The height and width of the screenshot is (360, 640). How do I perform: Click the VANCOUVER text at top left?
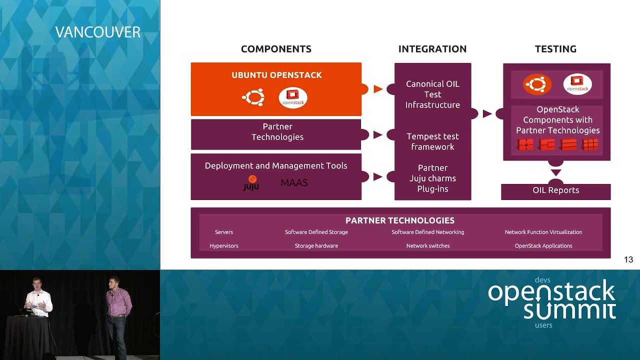(x=98, y=32)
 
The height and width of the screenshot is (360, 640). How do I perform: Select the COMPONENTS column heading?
(x=276, y=49)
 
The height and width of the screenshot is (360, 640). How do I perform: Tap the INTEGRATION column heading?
(x=432, y=49)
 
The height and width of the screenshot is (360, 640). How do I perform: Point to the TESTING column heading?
(x=555, y=49)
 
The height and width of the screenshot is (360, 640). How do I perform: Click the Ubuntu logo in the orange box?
(x=253, y=97)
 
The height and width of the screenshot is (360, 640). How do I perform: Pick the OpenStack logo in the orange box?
(x=293, y=97)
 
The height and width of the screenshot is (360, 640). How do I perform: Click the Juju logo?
(x=251, y=183)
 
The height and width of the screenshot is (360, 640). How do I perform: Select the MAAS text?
(x=294, y=183)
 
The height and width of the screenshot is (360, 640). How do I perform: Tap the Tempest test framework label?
(x=432, y=141)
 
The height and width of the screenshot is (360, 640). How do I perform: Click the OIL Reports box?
(x=555, y=190)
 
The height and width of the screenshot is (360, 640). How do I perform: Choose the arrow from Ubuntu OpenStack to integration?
(x=378, y=89)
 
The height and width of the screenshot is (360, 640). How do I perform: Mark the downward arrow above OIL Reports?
(x=555, y=173)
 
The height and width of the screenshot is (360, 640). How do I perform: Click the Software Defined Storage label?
(x=316, y=232)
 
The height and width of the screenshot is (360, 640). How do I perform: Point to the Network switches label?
(x=428, y=245)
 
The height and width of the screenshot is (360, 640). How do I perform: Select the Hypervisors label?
(x=224, y=245)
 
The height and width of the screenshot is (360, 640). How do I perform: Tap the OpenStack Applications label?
(x=543, y=245)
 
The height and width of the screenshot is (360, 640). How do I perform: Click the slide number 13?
(x=628, y=259)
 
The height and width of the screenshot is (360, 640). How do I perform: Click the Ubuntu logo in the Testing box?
(x=537, y=84)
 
